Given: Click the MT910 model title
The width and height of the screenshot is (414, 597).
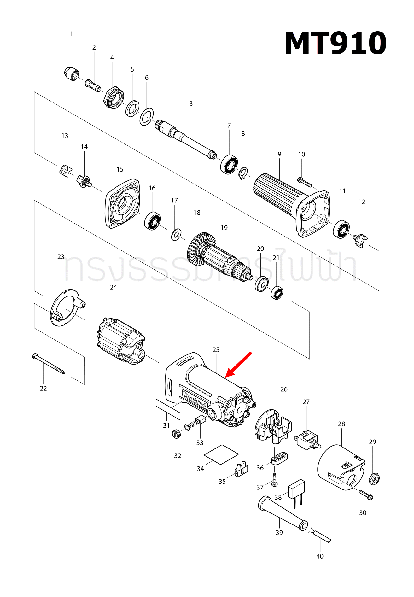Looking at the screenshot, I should [x=335, y=44].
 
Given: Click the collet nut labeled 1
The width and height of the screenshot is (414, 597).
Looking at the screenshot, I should [x=71, y=74].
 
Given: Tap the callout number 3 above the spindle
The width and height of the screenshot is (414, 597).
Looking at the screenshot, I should [x=191, y=104].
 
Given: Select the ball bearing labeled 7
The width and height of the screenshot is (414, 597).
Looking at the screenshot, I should [x=229, y=164].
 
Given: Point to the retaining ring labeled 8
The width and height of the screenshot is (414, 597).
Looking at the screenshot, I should [x=243, y=173].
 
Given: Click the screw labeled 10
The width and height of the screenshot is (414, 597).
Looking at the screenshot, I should [x=305, y=182].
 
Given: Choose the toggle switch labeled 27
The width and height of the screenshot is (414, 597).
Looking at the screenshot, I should [x=307, y=439].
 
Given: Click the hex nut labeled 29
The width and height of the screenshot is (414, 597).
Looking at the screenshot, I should [x=374, y=479].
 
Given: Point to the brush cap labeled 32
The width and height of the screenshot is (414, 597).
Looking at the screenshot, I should [x=177, y=434].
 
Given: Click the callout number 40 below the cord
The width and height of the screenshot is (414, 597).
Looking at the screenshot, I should [x=320, y=556].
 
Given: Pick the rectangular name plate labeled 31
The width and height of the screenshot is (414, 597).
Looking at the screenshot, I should [x=168, y=409].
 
